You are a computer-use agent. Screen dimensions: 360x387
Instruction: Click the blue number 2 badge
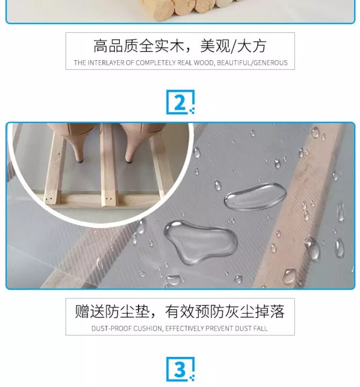(x=181, y=102)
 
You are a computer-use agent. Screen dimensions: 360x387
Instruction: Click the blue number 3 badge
(x=181, y=369)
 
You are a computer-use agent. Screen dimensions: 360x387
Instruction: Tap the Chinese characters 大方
(x=251, y=46)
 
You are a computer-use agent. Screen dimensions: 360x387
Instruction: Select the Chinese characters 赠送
(x=90, y=311)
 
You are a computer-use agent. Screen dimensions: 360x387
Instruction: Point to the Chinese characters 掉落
(x=270, y=311)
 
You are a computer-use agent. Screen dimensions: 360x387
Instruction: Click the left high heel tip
(x=80, y=161)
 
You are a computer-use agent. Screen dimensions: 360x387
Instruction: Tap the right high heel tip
(x=128, y=161)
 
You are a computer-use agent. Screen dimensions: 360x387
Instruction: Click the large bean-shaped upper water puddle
(x=255, y=197)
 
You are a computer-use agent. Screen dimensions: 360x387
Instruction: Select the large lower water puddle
(x=200, y=242)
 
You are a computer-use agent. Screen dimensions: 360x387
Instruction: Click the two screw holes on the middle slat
(x=109, y=199)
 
